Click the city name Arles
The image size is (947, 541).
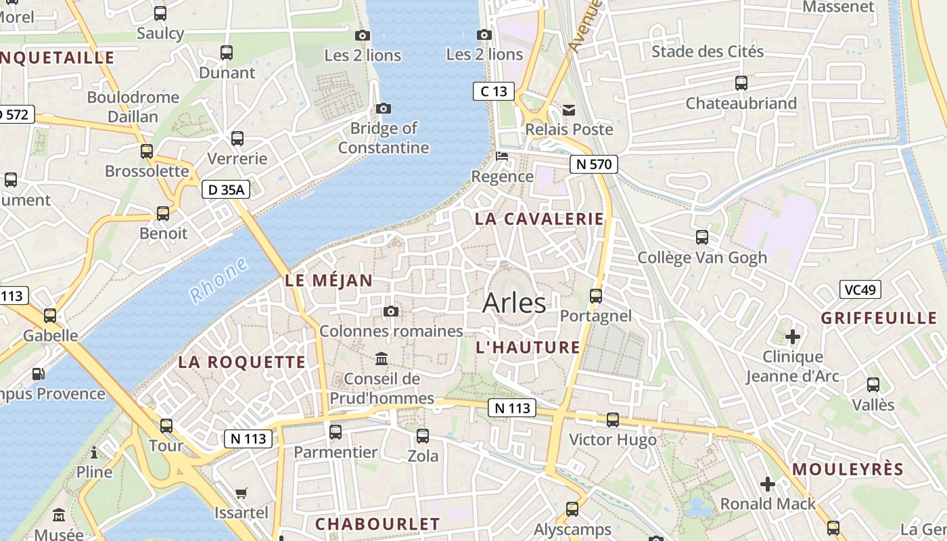coord(514,303)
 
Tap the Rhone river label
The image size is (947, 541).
coord(218,280)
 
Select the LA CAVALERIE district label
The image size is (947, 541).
coord(539,218)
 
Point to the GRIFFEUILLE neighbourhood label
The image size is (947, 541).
coord(879,318)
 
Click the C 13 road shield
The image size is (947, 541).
coord(493,91)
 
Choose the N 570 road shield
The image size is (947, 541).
coord(593,164)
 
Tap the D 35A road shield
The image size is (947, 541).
coord(226,190)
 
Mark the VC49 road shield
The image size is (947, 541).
coord(860,290)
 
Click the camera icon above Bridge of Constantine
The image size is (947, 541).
coord(384,108)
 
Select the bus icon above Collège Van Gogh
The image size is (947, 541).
coord(702,237)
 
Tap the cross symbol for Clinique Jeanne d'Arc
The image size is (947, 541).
coord(793,336)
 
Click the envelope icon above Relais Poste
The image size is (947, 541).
coord(569,110)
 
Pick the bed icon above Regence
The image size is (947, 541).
coord(502,156)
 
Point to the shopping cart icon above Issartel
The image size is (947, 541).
coord(241,493)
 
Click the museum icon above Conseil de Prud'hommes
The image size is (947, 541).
coord(382,358)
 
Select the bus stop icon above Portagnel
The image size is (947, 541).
coord(596,296)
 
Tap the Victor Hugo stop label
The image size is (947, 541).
coord(613,440)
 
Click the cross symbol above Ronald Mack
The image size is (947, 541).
coord(768,484)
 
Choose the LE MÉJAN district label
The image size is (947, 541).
coord(329,280)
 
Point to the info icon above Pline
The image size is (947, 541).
coord(94,452)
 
